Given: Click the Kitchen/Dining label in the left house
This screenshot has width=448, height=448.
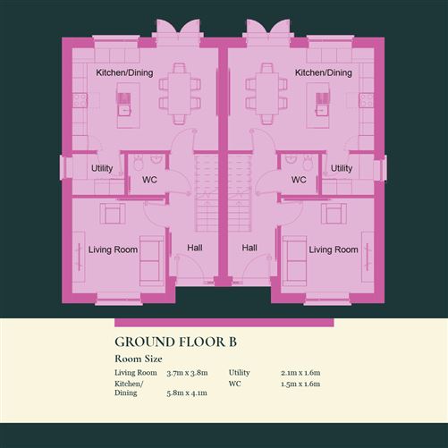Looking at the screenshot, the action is [x=124, y=72].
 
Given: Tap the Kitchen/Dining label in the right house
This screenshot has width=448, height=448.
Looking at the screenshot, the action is [x=324, y=72].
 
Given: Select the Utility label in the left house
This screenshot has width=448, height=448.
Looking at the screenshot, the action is [x=102, y=168].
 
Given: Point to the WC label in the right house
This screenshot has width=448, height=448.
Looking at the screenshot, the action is [x=299, y=180].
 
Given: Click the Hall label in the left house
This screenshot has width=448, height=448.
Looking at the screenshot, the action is [x=195, y=248].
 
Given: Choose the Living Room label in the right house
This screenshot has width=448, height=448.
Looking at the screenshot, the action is [x=334, y=249].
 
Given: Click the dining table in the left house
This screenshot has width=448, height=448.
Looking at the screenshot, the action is [x=180, y=94].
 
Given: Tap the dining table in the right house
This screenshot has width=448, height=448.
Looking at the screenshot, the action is [x=267, y=94].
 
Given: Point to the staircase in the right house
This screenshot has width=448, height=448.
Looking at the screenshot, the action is [x=239, y=193].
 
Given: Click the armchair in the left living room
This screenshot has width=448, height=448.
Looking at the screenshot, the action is [x=113, y=214].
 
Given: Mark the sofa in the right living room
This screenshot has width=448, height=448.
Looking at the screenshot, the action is [x=294, y=261].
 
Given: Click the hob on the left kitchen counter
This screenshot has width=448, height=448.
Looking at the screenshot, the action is [x=80, y=100].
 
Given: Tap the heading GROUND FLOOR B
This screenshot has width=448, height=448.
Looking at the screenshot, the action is [x=175, y=342].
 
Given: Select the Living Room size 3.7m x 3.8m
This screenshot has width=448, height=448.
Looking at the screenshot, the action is [x=187, y=373].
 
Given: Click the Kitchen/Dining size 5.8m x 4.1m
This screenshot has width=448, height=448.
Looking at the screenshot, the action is [x=187, y=393].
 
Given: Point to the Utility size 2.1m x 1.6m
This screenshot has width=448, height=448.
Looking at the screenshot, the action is [x=300, y=373].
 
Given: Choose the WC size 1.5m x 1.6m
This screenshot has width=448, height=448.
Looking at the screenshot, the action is [x=300, y=384].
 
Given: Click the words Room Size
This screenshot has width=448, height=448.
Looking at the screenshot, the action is [x=139, y=359].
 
